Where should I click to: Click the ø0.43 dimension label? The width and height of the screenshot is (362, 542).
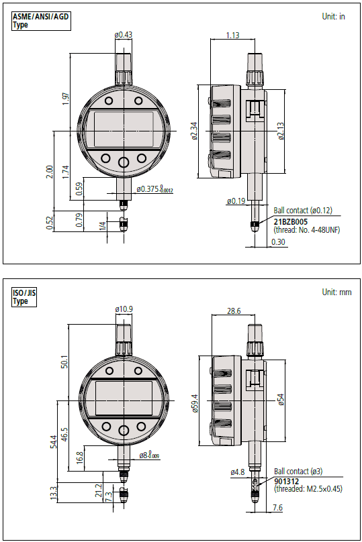pyautogui.click(x=123, y=35)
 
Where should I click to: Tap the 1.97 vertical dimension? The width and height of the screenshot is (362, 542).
pyautogui.click(x=66, y=99)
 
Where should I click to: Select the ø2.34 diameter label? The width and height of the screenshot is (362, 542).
pyautogui.click(x=194, y=131)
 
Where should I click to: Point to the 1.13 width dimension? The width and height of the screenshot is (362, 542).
pyautogui.click(x=232, y=36)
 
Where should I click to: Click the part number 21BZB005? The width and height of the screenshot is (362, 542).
pyautogui.click(x=290, y=222)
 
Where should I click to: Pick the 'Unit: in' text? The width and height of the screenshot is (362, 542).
pyautogui.click(x=333, y=17)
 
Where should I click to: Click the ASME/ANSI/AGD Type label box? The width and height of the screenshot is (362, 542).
pyautogui.click(x=41, y=21)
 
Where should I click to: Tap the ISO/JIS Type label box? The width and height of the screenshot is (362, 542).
pyautogui.click(x=24, y=297)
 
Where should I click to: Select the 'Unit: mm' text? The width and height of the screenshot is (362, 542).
pyautogui.click(x=336, y=292)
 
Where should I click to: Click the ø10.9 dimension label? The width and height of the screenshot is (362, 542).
pyautogui.click(x=124, y=309)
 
